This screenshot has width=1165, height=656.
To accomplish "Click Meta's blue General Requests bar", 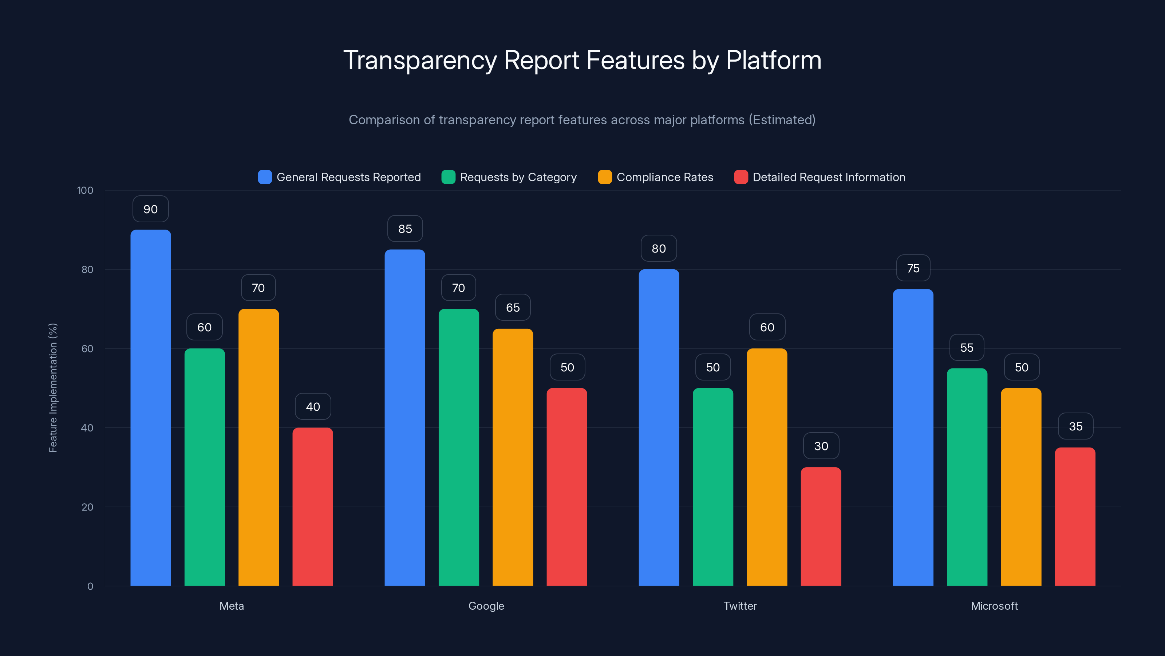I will [151, 407].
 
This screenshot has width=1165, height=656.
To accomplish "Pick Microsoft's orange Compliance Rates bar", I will [1021, 487].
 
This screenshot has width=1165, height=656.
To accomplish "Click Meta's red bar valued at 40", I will [312, 507].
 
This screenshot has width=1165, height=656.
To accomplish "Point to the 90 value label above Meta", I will [151, 209].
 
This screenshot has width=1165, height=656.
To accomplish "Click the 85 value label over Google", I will [405, 229].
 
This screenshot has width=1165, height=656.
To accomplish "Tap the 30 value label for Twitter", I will [821, 446].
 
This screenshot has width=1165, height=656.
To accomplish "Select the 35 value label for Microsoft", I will [1075, 426].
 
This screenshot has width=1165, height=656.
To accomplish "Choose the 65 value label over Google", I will [512, 307].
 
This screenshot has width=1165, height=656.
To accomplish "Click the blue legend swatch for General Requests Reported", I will [265, 177].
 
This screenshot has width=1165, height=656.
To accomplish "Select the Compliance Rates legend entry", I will [664, 177].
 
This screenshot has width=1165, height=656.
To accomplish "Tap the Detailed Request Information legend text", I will [829, 177].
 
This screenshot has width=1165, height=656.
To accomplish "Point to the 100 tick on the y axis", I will [85, 190].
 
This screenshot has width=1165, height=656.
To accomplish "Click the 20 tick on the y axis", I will [87, 507].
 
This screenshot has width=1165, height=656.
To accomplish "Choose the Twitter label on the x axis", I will [740, 606].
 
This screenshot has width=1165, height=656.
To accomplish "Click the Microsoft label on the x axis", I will [994, 606].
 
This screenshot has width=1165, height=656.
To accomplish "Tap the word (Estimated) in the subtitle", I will [782, 120].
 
